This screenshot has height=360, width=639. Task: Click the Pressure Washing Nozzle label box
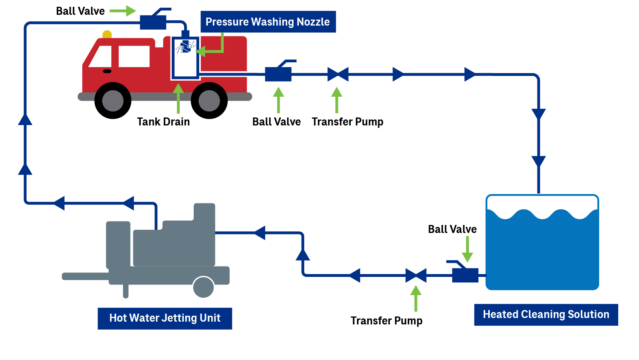pos(268,22)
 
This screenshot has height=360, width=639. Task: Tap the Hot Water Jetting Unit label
pos(165,318)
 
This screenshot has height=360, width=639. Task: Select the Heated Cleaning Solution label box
pos(546,314)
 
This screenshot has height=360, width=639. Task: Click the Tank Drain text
pos(163,121)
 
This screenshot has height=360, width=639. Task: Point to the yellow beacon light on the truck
pos(107,35)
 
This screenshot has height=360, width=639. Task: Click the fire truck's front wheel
pos(113,101)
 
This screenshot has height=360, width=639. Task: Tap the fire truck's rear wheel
pos(209,101)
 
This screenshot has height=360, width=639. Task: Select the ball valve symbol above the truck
pos(153,22)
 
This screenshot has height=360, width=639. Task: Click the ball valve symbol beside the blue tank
pos(465,274)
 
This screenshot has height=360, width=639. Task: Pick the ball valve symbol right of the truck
pos(278,74)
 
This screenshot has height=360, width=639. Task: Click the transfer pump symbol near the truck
pos(338,74)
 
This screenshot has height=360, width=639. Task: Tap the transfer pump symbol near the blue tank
pos(416,275)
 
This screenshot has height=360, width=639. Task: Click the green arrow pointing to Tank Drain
pos(178,98)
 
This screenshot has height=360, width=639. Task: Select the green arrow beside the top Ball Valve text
pos(123,11)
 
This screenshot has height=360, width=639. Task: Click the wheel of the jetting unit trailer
pos(203,287)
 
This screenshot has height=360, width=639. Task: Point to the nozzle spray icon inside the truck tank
pos(185,47)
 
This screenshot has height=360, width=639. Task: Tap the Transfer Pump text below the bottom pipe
pos(386,321)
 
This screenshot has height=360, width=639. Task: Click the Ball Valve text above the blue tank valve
pos(452,229)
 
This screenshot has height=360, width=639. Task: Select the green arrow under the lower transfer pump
pos(416,298)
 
